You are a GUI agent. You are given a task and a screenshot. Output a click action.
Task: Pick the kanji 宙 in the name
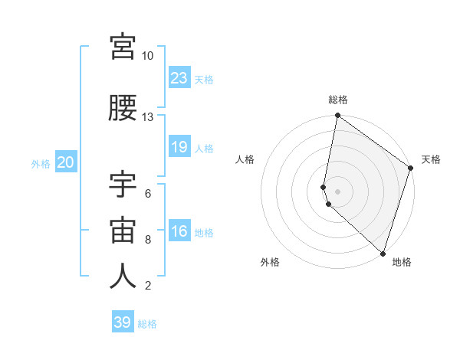[x=123, y=230]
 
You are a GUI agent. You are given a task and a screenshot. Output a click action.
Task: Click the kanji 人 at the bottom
[x=123, y=277]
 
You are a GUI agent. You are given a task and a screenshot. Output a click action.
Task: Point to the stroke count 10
[x=148, y=55]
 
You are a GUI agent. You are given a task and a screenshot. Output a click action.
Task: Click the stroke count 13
[x=148, y=116]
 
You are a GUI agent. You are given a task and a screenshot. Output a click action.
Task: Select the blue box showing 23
[x=179, y=78]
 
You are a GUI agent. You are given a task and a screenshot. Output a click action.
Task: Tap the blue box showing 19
[x=179, y=147]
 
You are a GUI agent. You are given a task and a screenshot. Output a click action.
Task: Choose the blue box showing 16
[x=179, y=231]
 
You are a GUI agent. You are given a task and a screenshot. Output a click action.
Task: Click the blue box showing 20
[x=66, y=162]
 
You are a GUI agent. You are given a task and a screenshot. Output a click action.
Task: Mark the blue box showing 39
[x=123, y=322]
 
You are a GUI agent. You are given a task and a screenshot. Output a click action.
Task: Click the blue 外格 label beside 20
[x=41, y=163]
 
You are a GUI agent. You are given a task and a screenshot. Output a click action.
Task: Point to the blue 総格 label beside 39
[x=148, y=324]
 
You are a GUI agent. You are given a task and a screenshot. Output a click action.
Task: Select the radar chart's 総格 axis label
[x=338, y=100]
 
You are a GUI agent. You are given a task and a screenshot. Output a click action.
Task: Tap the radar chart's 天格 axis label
[x=431, y=159]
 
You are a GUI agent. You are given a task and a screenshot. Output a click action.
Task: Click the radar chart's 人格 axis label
[x=245, y=159]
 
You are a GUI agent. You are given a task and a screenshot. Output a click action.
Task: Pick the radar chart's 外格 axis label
[x=270, y=262]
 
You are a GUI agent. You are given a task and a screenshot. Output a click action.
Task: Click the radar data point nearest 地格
[x=383, y=254]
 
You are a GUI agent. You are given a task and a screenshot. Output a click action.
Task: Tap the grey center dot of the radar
[x=337, y=191]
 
